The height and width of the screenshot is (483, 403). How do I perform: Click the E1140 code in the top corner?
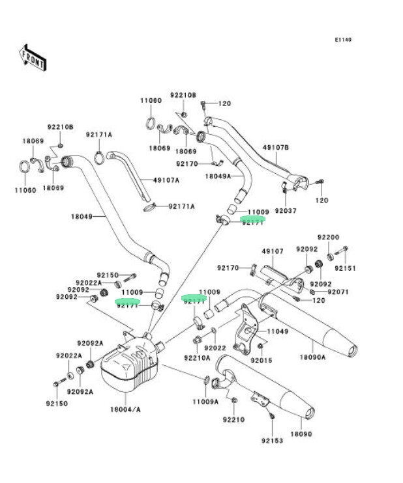(343, 40)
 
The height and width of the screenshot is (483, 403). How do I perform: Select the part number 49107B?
(276, 147)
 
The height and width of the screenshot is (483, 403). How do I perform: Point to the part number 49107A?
(166, 180)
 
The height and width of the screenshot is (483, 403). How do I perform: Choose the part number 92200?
(329, 237)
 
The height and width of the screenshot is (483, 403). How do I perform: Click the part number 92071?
(338, 292)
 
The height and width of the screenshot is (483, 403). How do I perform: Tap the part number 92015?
(261, 360)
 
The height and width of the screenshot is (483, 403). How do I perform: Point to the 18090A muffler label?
(313, 357)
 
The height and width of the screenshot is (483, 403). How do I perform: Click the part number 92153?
(273, 441)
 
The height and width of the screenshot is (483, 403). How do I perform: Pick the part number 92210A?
(197, 357)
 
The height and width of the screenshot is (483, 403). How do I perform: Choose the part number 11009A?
(205, 402)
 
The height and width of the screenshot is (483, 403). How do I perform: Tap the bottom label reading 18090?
(301, 434)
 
